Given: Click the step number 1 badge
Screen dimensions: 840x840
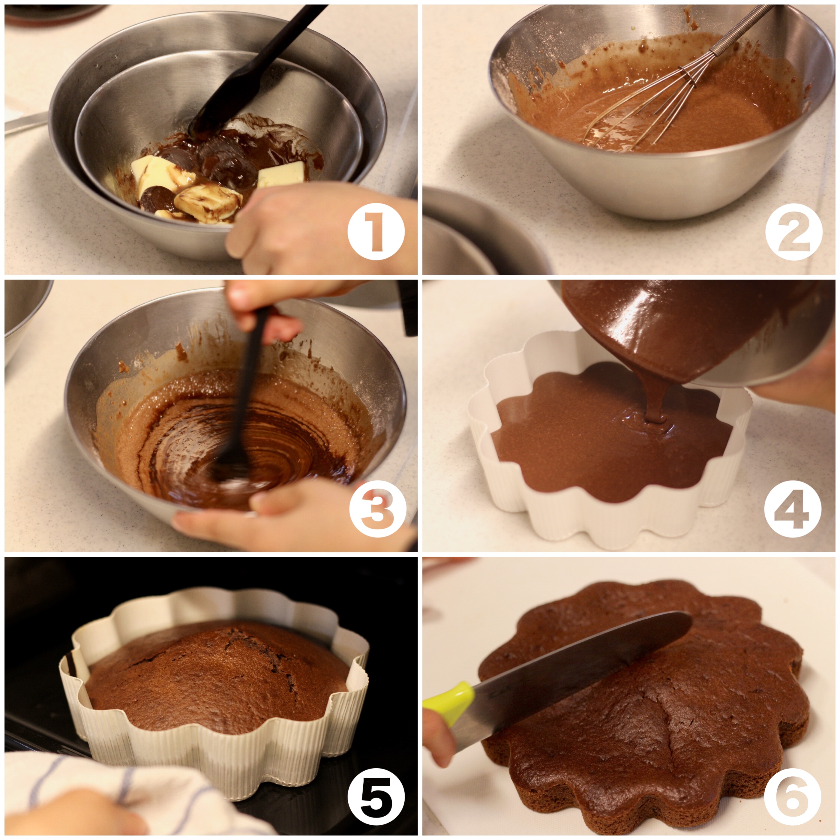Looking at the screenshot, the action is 376,232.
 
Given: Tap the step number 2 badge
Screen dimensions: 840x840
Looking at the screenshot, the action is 793,232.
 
